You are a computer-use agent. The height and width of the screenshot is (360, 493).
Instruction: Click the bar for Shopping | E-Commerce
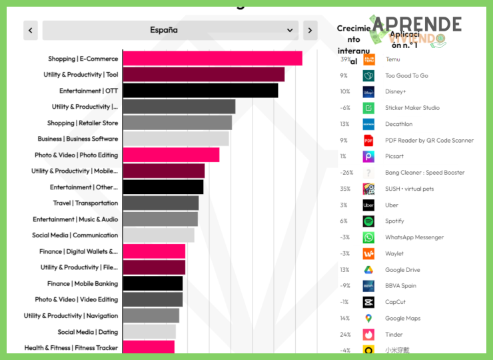[x=212, y=59]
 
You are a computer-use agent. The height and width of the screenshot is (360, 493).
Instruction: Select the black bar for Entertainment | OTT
[x=200, y=91]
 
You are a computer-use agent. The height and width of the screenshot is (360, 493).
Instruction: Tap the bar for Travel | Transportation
[x=161, y=203]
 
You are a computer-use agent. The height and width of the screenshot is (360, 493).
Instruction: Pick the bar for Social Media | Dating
[x=149, y=332]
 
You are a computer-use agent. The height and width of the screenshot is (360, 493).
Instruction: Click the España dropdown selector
[x=170, y=30]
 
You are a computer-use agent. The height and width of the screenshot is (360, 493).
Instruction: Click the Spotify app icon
[x=368, y=221]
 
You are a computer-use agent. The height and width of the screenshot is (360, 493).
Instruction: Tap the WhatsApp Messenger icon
[x=368, y=237]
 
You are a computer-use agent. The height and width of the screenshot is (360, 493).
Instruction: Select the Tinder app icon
[x=368, y=335]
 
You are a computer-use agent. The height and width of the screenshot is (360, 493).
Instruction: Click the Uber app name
[x=392, y=205]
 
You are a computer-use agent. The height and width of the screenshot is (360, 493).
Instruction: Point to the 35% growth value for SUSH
[x=344, y=189]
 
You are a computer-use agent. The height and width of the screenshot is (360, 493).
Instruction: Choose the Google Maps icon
[x=368, y=319]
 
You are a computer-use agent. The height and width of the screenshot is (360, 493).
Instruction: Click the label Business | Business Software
[x=78, y=139]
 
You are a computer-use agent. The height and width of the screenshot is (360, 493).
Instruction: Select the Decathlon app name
[x=398, y=124]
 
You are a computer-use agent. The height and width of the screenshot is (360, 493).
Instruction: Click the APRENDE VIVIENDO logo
[x=416, y=30]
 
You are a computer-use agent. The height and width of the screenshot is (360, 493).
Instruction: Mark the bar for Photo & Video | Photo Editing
[x=171, y=155]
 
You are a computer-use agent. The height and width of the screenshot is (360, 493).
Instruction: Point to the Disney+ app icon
[x=368, y=92]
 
